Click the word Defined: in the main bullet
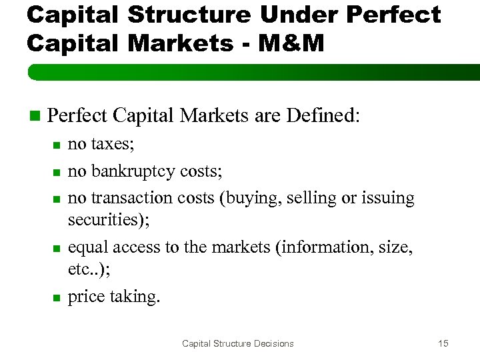pyautogui.click(x=323, y=116)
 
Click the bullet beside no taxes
pyautogui.click(x=57, y=145)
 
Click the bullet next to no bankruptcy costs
pyautogui.click(x=57, y=171)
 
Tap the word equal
pyautogui.click(x=89, y=248)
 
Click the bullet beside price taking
pyautogui.click(x=57, y=297)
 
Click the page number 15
pyautogui.click(x=443, y=343)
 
